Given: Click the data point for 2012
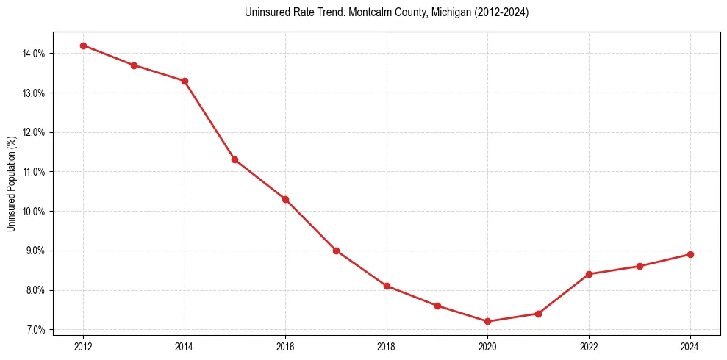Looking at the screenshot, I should tap(83, 46).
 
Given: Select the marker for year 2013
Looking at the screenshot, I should tap(134, 65).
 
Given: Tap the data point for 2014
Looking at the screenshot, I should tap(185, 81).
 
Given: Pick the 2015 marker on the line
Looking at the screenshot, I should tap(234, 159).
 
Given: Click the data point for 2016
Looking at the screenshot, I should tap(285, 199).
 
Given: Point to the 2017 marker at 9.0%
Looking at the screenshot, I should tap(336, 251).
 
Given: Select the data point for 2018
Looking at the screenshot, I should tap(387, 286).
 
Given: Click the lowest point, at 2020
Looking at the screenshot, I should tap(487, 321).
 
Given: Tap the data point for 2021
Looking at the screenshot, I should tap(538, 314).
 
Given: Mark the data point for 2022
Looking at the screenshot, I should tap(589, 274).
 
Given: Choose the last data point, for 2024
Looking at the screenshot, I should tap(690, 254).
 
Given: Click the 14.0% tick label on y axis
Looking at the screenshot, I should tap(34, 54).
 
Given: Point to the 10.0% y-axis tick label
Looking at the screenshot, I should tap(34, 212).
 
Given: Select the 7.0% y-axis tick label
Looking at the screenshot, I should tap(35, 330).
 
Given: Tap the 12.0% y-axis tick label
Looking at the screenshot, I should tap(34, 132).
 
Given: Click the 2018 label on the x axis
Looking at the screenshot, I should tap(387, 347).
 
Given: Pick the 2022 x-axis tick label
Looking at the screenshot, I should tap(589, 347).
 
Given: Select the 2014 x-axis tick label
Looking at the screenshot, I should tap(185, 347).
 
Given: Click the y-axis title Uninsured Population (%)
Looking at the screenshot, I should tap(11, 184).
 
